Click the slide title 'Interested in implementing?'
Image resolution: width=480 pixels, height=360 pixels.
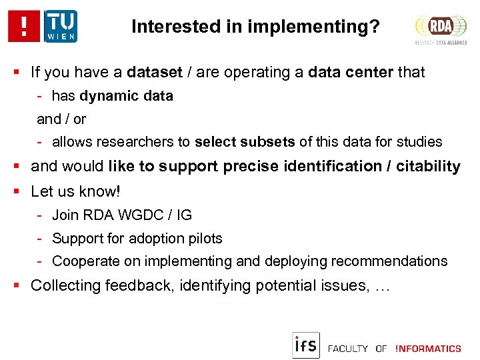tap(256, 27)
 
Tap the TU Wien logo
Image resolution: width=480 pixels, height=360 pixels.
tap(61, 26)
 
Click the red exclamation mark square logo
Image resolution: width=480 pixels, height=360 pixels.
tap(25, 26)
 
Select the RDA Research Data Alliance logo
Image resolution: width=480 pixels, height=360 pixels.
tap(440, 28)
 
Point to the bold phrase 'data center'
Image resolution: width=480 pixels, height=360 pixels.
tap(351, 72)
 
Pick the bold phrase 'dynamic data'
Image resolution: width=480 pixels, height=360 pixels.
tap(126, 96)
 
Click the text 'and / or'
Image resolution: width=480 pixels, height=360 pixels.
tap(61, 119)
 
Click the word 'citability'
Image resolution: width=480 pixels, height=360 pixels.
tap(428, 167)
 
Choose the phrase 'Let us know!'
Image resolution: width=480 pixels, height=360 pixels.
tap(76, 191)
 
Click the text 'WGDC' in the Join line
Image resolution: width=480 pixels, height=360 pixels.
tap(149, 215)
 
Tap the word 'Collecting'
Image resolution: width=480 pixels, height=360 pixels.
tap(63, 286)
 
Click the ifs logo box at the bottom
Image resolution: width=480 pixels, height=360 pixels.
tap(306, 345)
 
